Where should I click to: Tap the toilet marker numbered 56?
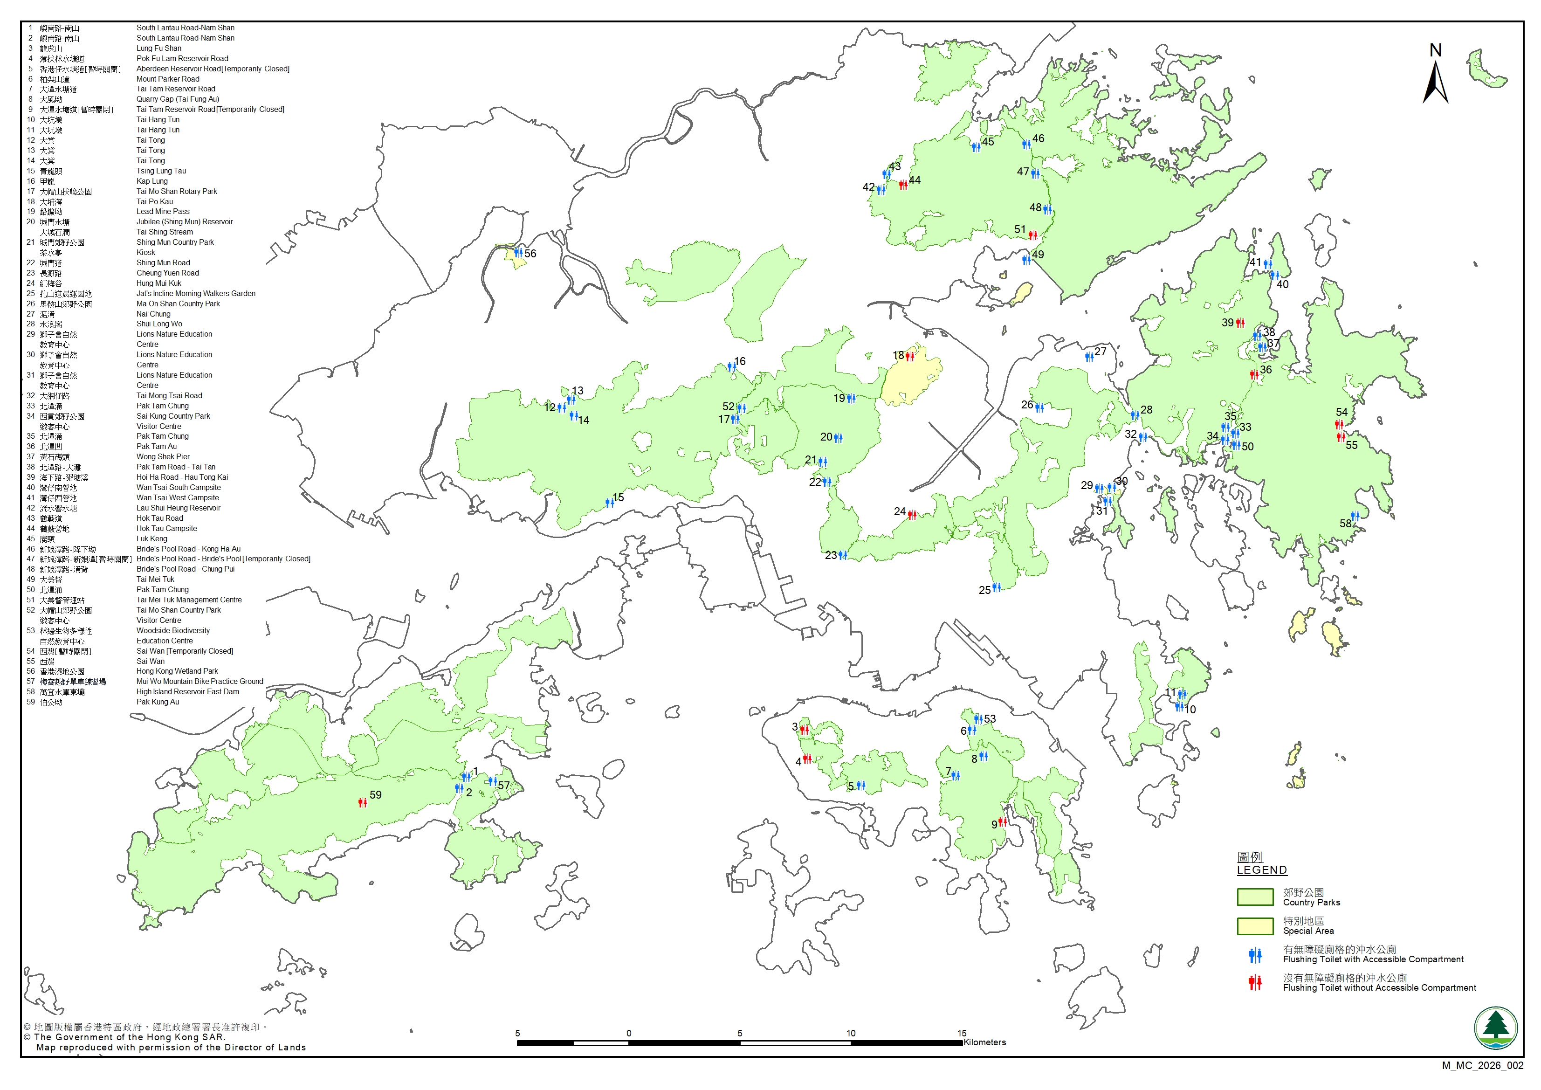pyautogui.click(x=518, y=253)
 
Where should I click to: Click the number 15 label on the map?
pyautogui.click(x=618, y=497)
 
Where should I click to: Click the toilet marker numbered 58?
pyautogui.click(x=1355, y=516)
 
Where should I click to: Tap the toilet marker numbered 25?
pyautogui.click(x=997, y=587)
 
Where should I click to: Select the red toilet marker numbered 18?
pyautogui.click(x=910, y=356)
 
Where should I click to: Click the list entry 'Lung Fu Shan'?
pyautogui.click(x=159, y=48)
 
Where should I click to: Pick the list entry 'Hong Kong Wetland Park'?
pyautogui.click(x=177, y=671)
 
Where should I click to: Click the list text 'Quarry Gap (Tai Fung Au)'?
pyautogui.click(x=178, y=99)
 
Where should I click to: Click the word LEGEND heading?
pyautogui.click(x=1262, y=870)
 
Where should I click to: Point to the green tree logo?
pyautogui.click(x=1495, y=1028)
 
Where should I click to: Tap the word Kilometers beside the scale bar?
pyautogui.click(x=984, y=1042)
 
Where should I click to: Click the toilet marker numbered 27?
pyautogui.click(x=1089, y=356)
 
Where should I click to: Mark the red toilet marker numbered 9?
pyautogui.click(x=1002, y=822)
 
